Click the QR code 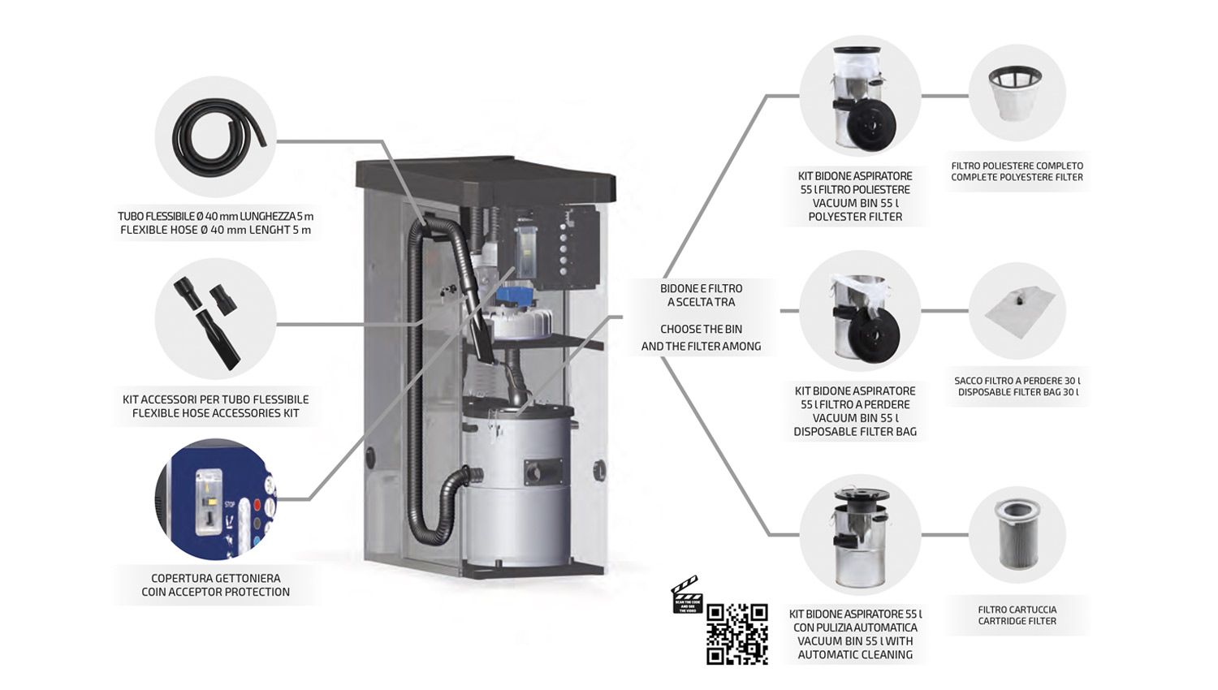pyautogui.click(x=736, y=634)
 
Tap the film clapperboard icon pyautogui.click(x=686, y=595)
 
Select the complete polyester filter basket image pyautogui.click(x=1015, y=93)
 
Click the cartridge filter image pyautogui.click(x=1017, y=535)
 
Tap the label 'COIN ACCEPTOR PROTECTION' pyautogui.click(x=215, y=592)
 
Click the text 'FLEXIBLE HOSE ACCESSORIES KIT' pyautogui.click(x=215, y=413)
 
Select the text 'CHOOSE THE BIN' pyautogui.click(x=701, y=330)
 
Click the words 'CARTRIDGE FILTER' pyautogui.click(x=1017, y=621)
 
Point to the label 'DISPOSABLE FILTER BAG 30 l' pyautogui.click(x=1017, y=392)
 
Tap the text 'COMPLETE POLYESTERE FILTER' pyautogui.click(x=1017, y=177)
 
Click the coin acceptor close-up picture pyautogui.click(x=215, y=498)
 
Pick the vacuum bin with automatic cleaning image pyautogui.click(x=859, y=535)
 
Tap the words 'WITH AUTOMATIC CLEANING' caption pyautogui.click(x=855, y=648)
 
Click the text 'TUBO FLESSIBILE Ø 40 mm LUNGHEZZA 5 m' pyautogui.click(x=215, y=217)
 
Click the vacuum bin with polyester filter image pyautogui.click(x=860, y=97)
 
